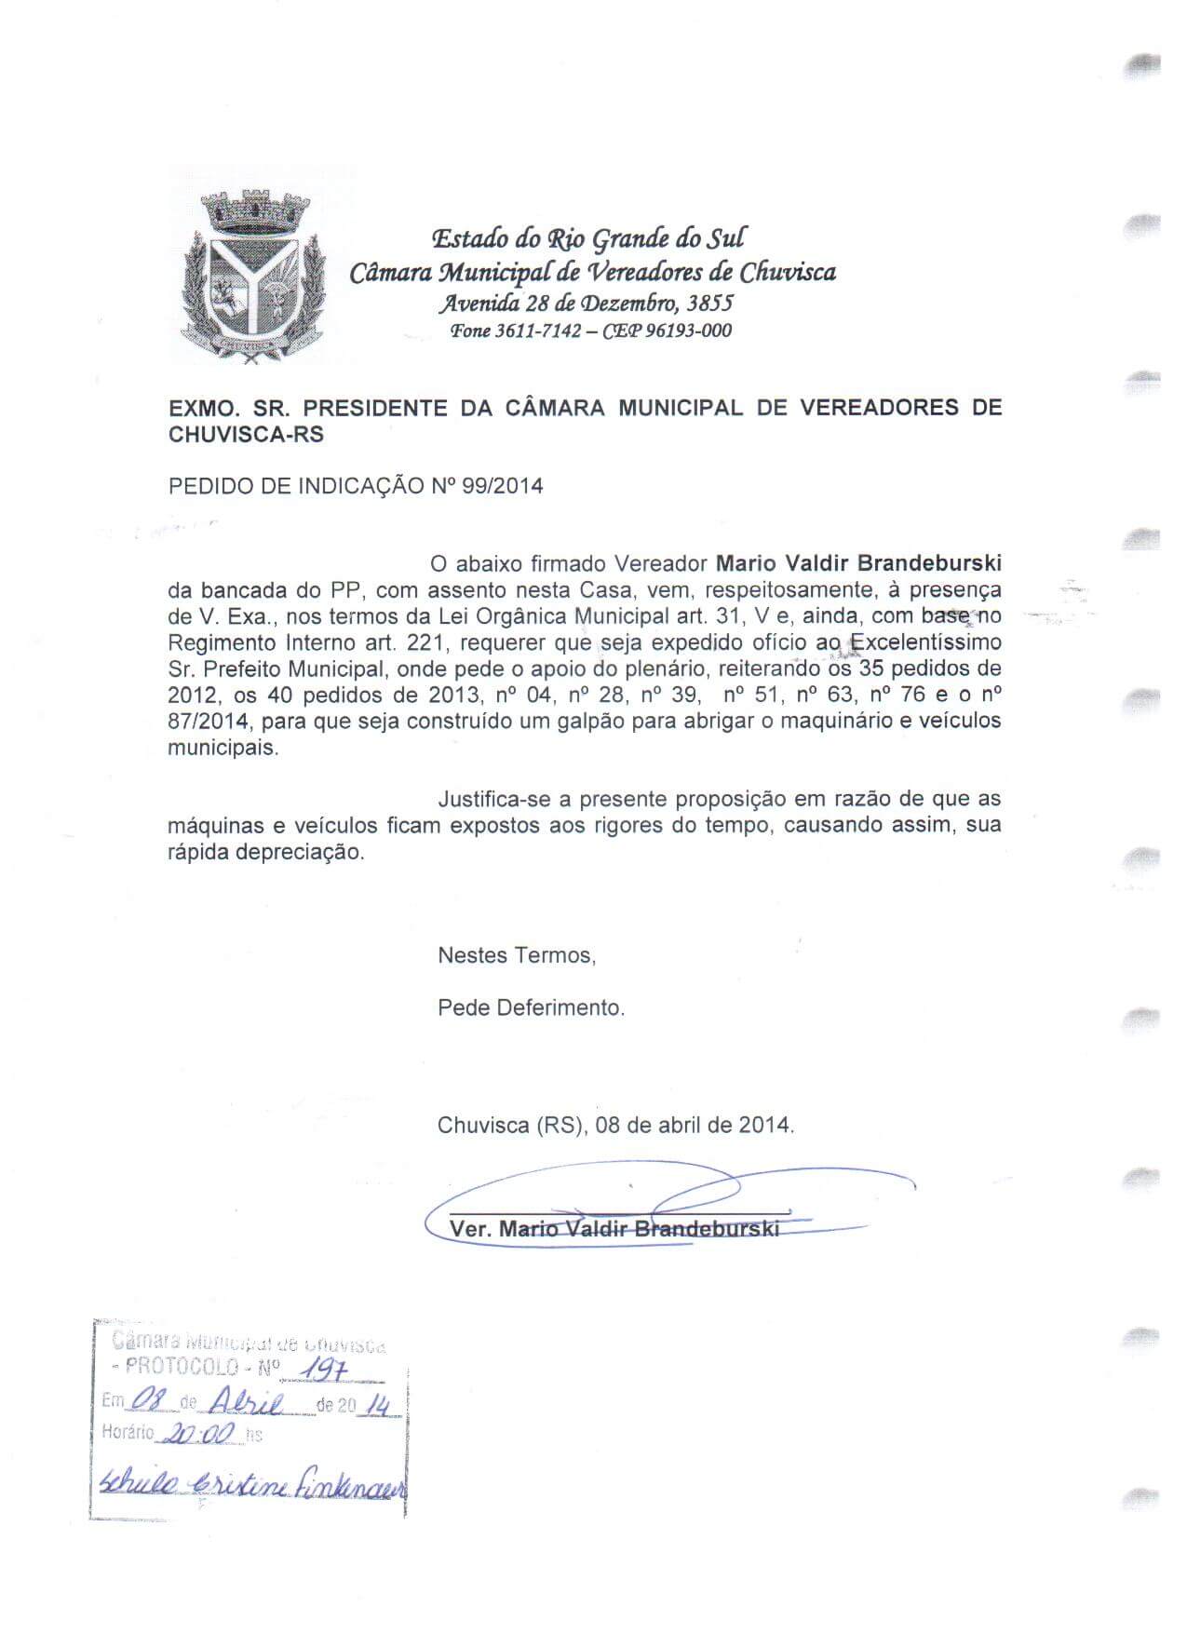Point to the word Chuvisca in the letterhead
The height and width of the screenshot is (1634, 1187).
[x=788, y=272]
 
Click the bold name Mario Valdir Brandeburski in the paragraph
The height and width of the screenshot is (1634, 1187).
[x=858, y=563]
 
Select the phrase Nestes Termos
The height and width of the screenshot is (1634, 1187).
[x=516, y=955]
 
